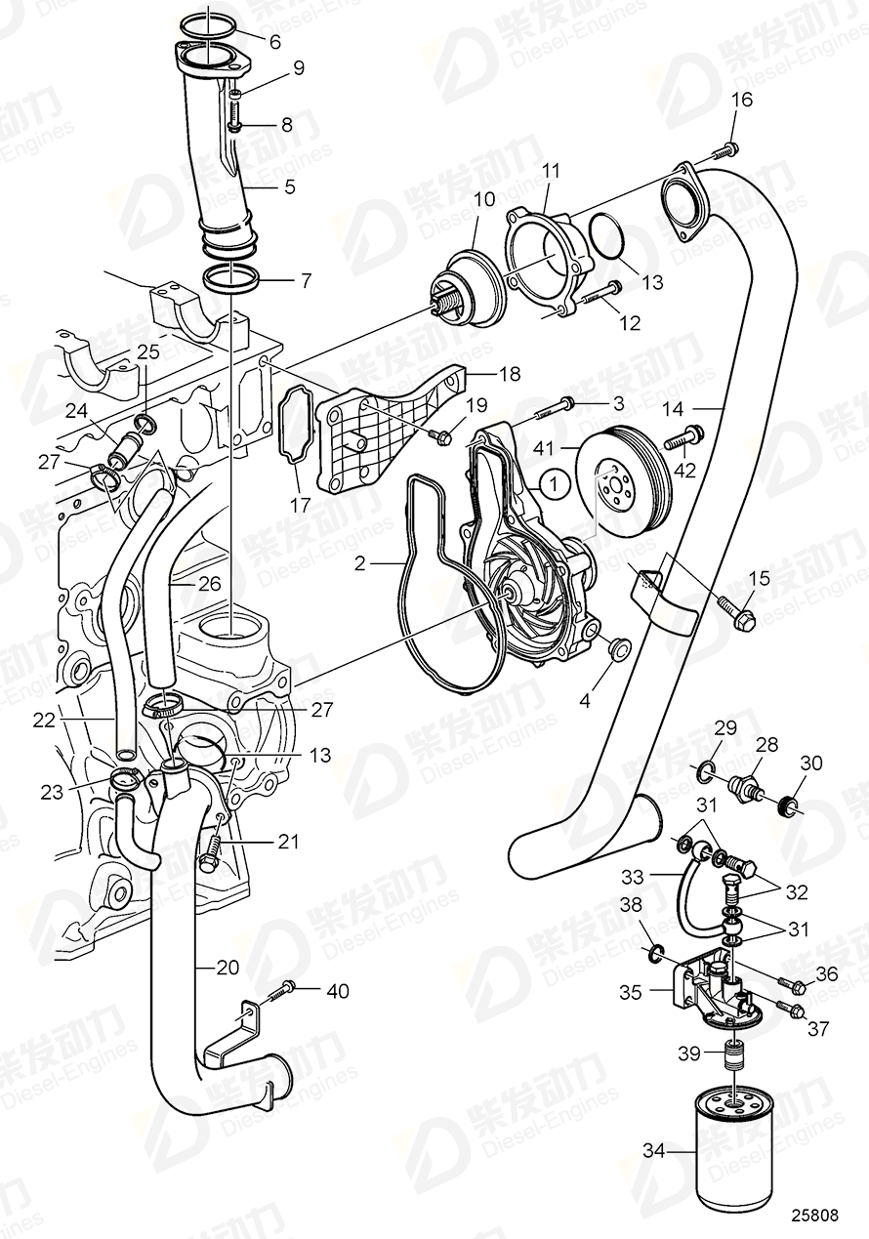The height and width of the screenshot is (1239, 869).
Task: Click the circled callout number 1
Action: (554, 482)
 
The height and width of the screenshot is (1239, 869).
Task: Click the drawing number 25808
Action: (813, 1217)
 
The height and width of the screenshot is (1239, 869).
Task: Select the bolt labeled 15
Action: (737, 612)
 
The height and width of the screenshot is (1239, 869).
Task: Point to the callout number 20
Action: (228, 968)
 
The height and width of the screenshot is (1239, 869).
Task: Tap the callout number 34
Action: (653, 1153)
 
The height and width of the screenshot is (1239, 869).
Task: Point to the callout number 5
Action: (288, 185)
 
